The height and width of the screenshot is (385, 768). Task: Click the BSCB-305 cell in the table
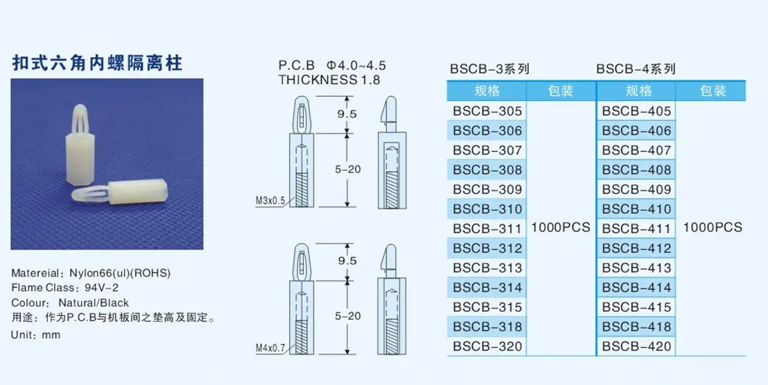487,111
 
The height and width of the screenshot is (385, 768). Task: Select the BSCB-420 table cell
637,346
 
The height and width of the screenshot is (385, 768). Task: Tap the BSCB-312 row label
487,248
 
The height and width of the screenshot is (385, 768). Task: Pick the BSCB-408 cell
637,170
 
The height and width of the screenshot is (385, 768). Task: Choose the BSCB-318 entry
487,327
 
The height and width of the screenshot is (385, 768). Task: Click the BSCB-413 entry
637,268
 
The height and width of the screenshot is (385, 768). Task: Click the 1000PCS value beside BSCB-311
561,228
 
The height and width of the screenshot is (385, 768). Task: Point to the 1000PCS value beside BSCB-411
712,228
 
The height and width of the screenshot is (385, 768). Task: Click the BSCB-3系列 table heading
490,69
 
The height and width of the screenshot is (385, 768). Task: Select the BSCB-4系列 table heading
636,69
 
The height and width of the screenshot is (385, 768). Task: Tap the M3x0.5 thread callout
270,200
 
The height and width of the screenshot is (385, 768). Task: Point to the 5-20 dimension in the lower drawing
348,316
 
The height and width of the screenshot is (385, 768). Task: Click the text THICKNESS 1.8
329,80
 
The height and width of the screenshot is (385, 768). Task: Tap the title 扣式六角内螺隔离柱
97,63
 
